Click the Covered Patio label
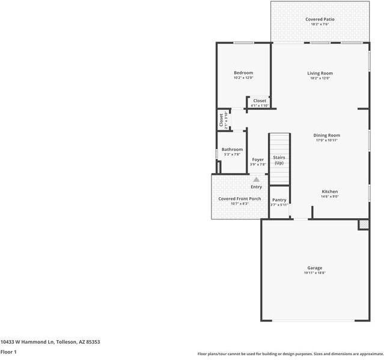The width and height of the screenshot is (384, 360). [320, 19]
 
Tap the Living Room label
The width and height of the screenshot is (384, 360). [320, 73]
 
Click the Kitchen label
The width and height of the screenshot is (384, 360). [329, 191]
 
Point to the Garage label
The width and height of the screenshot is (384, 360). [314, 268]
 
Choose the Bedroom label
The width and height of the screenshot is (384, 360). [243, 73]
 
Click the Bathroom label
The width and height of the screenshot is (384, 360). [232, 149]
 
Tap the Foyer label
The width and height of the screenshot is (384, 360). [258, 159]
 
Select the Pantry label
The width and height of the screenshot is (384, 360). [279, 200]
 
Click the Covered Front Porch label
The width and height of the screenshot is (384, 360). [239, 198]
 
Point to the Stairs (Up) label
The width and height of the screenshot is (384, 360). [279, 160]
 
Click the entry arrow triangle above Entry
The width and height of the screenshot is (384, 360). [257, 179]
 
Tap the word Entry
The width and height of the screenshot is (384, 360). [257, 187]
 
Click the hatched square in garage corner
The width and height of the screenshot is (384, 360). [363, 224]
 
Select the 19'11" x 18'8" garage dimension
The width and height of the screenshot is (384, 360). [314, 273]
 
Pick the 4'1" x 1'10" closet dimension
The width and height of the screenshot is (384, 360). [260, 106]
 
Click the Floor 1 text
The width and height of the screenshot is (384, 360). [8, 352]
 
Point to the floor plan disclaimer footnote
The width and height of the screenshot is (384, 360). [290, 353]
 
